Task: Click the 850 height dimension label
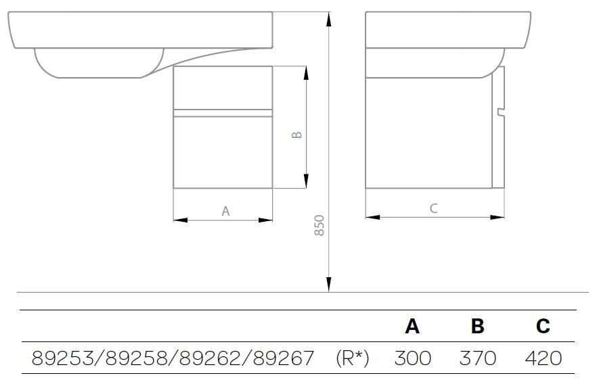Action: click(319, 226)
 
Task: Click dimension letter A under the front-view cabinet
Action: click(225, 211)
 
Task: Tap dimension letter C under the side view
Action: click(433, 208)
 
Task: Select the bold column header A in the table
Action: click(412, 326)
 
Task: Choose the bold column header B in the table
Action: click(477, 326)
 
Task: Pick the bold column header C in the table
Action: click(543, 326)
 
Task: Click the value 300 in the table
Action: click(413, 358)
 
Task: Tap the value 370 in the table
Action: click(478, 358)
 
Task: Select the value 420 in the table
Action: click(544, 358)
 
